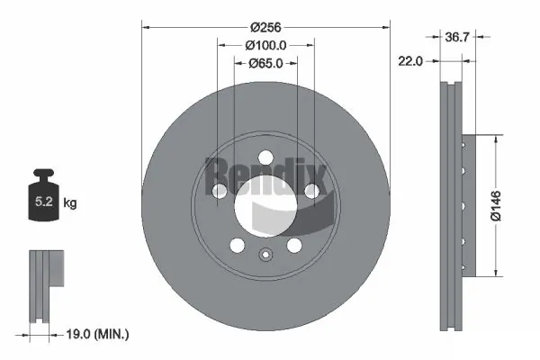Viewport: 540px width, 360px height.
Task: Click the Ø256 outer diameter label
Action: coord(265,27)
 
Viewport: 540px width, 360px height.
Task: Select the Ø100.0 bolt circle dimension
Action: coord(265,45)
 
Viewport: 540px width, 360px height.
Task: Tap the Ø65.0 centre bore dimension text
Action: coord(265,63)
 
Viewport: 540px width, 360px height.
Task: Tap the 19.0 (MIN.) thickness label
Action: coord(100,334)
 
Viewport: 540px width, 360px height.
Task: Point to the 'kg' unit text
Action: coord(70,203)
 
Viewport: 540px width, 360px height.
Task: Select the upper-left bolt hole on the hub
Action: coord(220,191)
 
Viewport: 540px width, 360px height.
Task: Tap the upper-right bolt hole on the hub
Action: coord(310,191)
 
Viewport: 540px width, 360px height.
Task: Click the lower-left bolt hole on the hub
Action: coord(237,246)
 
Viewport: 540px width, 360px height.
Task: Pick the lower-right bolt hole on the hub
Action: coord(293,246)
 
